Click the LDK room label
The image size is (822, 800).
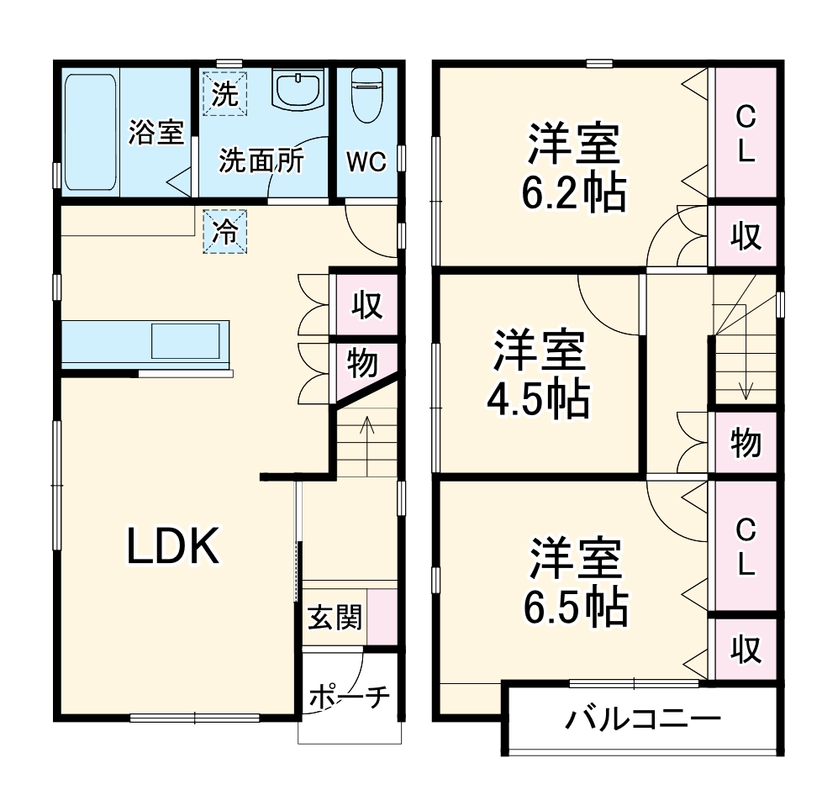(x=173, y=546)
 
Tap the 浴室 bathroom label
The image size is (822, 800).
(x=155, y=132)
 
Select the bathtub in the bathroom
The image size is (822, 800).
(x=89, y=132)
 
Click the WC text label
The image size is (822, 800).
(x=367, y=161)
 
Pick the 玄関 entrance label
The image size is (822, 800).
(x=335, y=618)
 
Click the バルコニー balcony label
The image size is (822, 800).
(x=643, y=719)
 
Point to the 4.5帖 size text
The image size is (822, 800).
(x=539, y=400)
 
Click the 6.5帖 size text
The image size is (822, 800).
(x=576, y=607)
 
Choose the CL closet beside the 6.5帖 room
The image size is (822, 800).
(x=745, y=547)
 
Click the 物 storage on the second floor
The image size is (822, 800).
(x=745, y=442)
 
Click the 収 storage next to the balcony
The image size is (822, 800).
(x=745, y=650)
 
